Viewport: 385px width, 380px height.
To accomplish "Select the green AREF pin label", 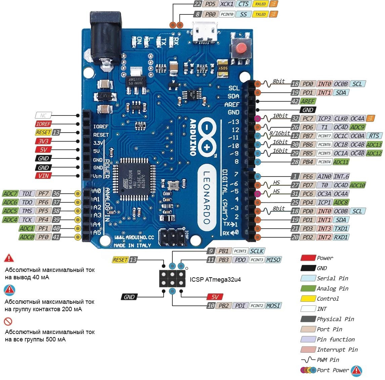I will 308,101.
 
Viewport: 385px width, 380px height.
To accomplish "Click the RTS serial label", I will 374,136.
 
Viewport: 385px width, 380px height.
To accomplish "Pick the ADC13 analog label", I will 374,144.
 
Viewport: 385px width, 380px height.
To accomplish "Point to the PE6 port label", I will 307,176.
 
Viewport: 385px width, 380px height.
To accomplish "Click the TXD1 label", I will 341,228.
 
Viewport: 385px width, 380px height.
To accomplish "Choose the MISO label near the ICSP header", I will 273,259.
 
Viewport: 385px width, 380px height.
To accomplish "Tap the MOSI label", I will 273,305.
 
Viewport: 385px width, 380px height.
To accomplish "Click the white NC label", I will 43,115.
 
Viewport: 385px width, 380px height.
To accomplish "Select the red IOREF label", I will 43,124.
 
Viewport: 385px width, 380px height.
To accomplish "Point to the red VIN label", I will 43,176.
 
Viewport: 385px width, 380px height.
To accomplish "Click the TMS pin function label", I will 27,211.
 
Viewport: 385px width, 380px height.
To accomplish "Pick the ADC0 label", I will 27,237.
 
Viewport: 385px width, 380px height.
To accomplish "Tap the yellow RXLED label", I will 260,4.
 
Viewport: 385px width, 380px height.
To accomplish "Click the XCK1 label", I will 227,4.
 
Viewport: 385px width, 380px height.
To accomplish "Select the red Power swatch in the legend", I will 308,258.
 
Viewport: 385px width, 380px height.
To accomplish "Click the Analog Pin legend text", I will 332,288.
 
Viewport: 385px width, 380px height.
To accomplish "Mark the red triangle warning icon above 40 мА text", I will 9,258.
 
